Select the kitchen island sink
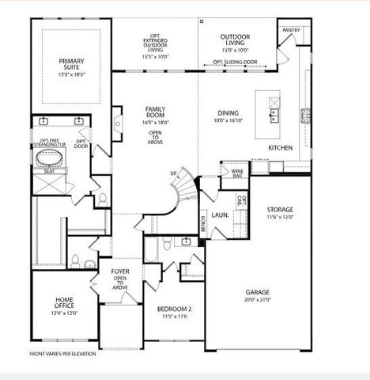click(274, 116)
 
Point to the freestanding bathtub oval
click(49, 158)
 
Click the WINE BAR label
click(236, 171)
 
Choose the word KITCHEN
click(281, 149)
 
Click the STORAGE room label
click(279, 210)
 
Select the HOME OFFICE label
click(64, 303)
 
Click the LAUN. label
click(222, 214)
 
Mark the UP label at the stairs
click(174, 173)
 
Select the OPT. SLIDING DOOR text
click(235, 62)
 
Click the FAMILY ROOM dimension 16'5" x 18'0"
click(154, 123)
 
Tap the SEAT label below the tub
click(48, 170)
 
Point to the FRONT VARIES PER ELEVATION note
click(64, 354)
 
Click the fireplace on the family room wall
click(116, 123)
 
